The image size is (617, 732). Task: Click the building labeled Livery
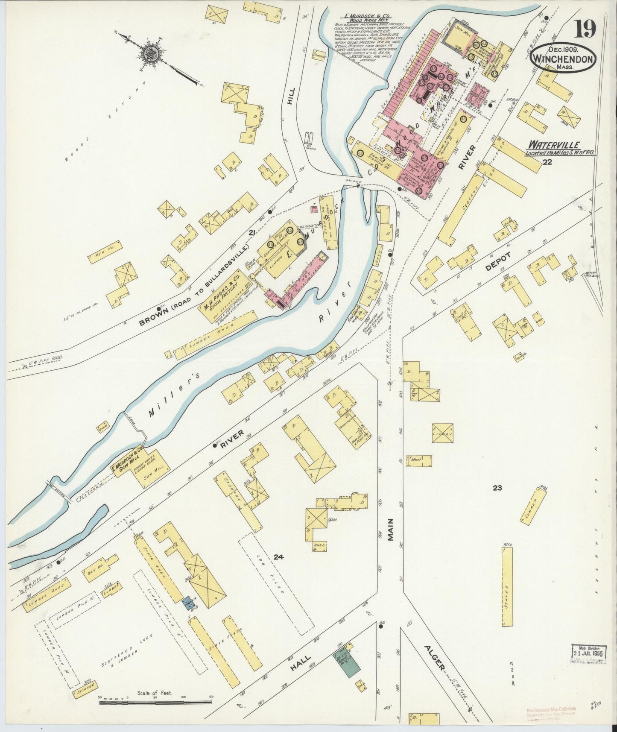click(x=443, y=433)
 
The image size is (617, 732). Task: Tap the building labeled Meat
click(x=419, y=461)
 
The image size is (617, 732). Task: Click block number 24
click(x=278, y=557)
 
